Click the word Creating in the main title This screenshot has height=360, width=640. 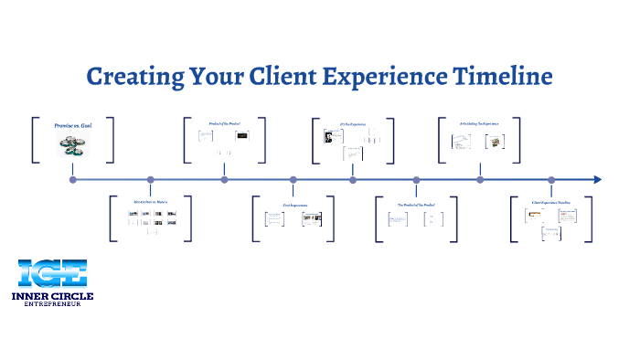[x=129, y=75]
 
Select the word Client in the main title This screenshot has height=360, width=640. [x=275, y=75]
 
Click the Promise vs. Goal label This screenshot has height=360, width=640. [x=74, y=123]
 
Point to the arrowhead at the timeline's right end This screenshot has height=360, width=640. [x=597, y=180]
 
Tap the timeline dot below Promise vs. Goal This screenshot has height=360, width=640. [x=73, y=180]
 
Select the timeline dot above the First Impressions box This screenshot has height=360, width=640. [x=293, y=180]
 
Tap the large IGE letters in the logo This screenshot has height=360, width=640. [x=52, y=273]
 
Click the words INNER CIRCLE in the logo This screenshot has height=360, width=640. [x=53, y=296]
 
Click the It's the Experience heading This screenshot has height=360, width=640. [x=352, y=124]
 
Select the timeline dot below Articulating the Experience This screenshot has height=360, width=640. [x=480, y=180]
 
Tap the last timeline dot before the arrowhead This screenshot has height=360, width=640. [x=550, y=180]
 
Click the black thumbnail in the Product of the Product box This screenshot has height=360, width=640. [x=242, y=136]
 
